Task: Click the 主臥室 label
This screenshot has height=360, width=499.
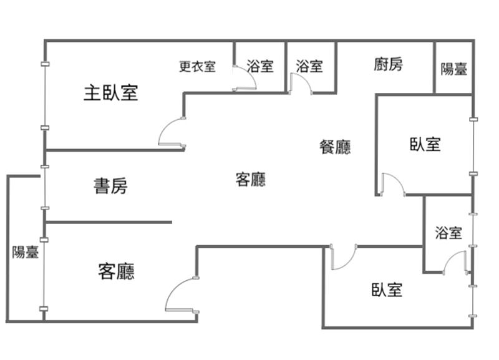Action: tap(111, 94)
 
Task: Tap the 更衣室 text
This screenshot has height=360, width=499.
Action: tap(197, 66)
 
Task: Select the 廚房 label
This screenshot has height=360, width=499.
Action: tap(389, 64)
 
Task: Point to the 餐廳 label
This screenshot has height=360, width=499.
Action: tap(335, 147)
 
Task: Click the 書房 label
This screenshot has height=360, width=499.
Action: tap(111, 186)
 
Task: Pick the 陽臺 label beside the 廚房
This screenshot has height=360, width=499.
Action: tap(454, 69)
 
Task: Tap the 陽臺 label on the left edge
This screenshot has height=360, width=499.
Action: tap(26, 253)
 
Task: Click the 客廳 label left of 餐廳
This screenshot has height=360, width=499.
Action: tap(251, 180)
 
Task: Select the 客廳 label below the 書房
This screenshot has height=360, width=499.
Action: tap(117, 271)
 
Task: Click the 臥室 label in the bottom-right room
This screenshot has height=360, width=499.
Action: tap(387, 289)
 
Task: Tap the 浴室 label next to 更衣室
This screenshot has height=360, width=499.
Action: tap(260, 66)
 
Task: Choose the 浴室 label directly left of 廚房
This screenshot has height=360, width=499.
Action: tap(309, 66)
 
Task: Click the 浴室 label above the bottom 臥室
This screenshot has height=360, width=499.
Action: tap(449, 233)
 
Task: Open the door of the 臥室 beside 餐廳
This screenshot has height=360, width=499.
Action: tap(392, 183)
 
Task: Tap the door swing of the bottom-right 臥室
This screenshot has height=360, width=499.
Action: tap(342, 258)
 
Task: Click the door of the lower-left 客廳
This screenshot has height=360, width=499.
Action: tap(180, 294)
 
